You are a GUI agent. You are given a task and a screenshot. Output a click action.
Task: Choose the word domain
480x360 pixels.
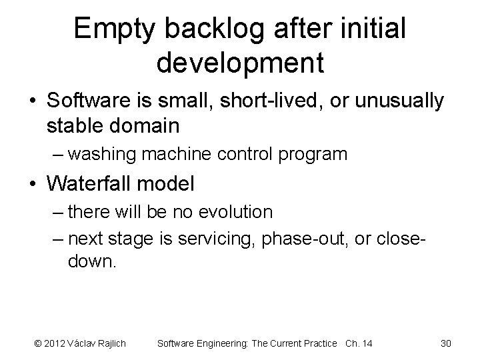tap(167, 125)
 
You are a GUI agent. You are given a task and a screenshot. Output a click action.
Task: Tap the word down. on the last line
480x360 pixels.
tap(92, 260)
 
